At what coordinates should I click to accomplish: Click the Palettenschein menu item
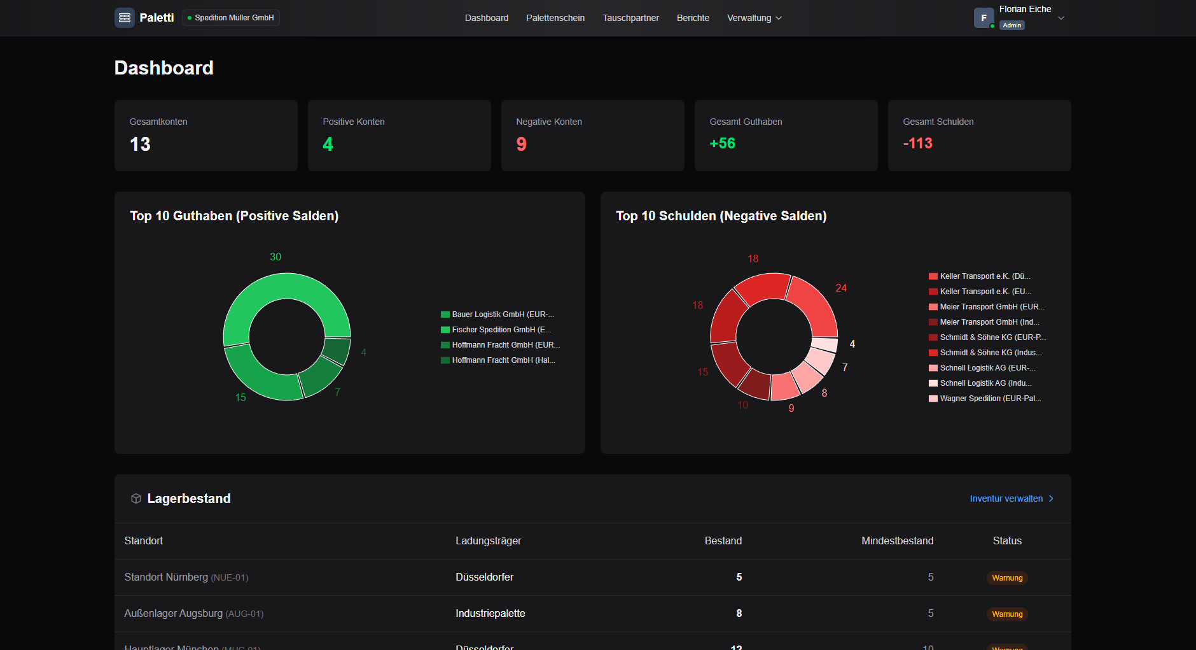click(555, 18)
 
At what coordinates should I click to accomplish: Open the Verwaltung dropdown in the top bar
click(754, 18)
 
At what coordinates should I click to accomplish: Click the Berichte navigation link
click(693, 18)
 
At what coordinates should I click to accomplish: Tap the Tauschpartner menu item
click(630, 18)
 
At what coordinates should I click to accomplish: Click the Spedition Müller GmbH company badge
click(231, 18)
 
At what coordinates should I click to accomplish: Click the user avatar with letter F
click(984, 18)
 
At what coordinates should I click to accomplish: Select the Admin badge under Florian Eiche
click(1012, 25)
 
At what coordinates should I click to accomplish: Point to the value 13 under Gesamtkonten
click(140, 145)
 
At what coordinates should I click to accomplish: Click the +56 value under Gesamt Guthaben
click(722, 143)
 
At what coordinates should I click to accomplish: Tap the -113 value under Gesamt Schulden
click(917, 143)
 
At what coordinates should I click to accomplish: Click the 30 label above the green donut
click(275, 257)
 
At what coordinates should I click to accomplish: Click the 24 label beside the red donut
click(841, 288)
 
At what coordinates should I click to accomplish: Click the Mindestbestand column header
click(897, 540)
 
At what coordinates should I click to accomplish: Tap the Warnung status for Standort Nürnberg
click(1007, 578)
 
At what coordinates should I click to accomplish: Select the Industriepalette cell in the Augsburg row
click(490, 613)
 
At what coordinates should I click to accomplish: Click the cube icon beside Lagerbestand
click(136, 498)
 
